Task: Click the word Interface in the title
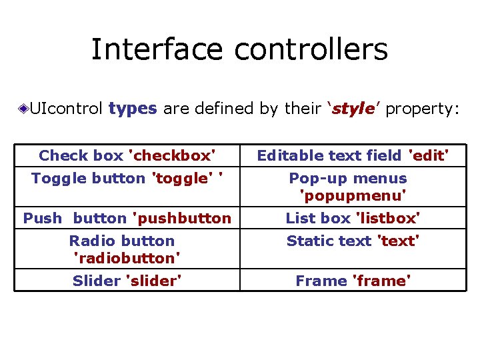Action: [x=157, y=49]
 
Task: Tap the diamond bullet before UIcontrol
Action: [x=23, y=109]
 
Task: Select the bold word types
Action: [x=133, y=109]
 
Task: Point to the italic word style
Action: [x=353, y=109]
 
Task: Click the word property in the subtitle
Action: [x=422, y=109]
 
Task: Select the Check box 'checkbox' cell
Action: [x=127, y=156]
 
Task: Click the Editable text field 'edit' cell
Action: [x=353, y=156]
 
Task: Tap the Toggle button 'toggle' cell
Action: [x=127, y=179]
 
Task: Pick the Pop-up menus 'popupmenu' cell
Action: [x=353, y=187]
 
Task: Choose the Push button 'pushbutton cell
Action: [x=127, y=218]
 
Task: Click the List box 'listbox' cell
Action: [x=353, y=218]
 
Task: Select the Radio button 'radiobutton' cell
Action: [x=127, y=249]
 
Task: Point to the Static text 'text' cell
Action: [x=353, y=241]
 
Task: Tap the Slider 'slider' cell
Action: [x=127, y=281]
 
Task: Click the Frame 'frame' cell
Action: [x=353, y=281]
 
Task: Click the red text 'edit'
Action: [x=428, y=156]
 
